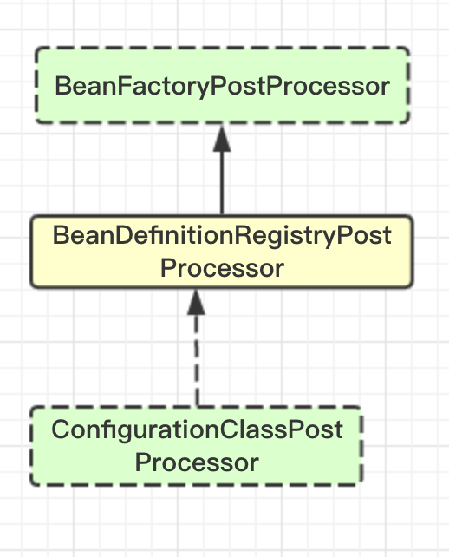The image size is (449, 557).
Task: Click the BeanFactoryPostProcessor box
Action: [223, 85]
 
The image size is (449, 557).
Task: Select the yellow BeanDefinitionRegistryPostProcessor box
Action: [222, 252]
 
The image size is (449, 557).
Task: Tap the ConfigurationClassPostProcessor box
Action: [197, 446]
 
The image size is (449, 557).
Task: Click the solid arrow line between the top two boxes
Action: [222, 171]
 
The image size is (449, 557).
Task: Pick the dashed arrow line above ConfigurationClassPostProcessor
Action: [196, 348]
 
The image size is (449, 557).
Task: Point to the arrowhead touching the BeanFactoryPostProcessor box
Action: [222, 139]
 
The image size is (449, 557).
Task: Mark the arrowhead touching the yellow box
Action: [196, 302]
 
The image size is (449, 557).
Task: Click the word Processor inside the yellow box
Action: [222, 269]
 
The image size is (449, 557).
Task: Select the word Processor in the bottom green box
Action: [197, 462]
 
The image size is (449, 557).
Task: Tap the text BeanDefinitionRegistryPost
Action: [222, 236]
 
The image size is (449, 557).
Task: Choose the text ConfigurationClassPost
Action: [197, 430]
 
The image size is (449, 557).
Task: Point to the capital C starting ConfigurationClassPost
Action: [61, 429]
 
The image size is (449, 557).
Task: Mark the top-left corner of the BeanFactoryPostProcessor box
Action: [36, 47]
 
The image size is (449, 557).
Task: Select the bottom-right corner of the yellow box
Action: [413, 287]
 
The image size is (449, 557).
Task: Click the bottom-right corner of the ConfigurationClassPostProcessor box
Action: [362, 485]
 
